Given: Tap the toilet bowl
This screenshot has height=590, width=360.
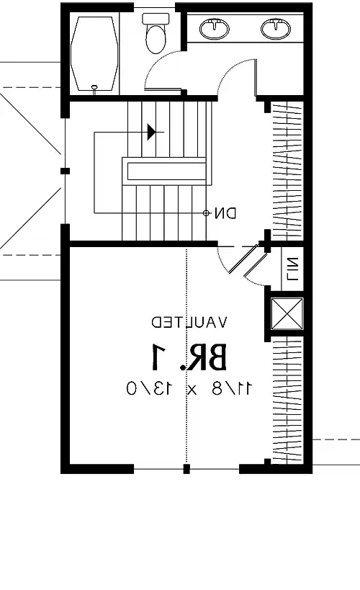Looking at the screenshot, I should [x=156, y=40].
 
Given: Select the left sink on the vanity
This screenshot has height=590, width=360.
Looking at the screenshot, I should [x=215, y=30].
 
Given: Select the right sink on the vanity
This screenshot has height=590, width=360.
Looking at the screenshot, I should [x=275, y=30].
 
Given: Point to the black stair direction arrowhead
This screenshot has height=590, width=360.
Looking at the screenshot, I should [x=151, y=131].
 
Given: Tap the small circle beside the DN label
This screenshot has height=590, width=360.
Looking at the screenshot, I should [x=207, y=213].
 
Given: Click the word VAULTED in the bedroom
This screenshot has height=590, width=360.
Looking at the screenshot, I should [x=189, y=321].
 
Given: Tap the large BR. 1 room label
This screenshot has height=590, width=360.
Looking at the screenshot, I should [x=189, y=357].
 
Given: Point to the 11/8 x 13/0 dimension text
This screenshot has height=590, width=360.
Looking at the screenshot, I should [x=189, y=388].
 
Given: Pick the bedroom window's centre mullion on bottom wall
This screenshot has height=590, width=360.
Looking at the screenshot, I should [x=186, y=469].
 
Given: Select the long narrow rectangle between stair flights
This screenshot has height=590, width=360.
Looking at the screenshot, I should [x=166, y=171].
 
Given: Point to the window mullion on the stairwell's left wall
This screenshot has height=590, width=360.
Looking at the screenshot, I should [x=66, y=171].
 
